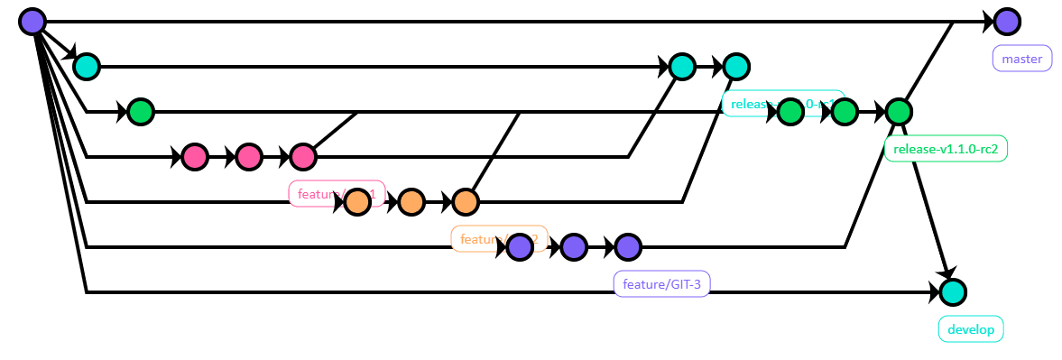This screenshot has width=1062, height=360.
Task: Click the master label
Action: coord(1022,59)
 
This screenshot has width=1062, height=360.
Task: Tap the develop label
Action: coord(971,329)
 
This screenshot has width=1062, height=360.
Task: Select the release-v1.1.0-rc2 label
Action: coord(946,149)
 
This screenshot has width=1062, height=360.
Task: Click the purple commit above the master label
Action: coord(1007,22)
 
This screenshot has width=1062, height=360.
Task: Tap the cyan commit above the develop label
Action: coord(952,292)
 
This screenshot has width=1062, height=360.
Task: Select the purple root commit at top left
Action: coord(32,22)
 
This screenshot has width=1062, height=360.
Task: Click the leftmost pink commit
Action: coord(195,157)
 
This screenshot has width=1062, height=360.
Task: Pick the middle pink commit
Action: coord(249,157)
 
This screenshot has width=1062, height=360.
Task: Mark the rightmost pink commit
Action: coord(303,157)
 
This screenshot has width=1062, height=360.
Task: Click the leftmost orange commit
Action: coord(357,202)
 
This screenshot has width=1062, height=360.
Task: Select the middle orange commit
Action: coord(411,202)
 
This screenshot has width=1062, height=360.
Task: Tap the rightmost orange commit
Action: coord(466,202)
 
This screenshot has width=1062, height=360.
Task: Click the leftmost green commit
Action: coord(141,112)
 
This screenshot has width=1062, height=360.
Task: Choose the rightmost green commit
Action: coord(899,112)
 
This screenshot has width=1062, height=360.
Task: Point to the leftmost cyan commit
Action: coord(87,67)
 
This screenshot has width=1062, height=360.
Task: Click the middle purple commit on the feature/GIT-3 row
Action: coord(574,247)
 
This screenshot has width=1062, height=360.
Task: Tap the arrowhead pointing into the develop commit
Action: coord(946,272)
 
